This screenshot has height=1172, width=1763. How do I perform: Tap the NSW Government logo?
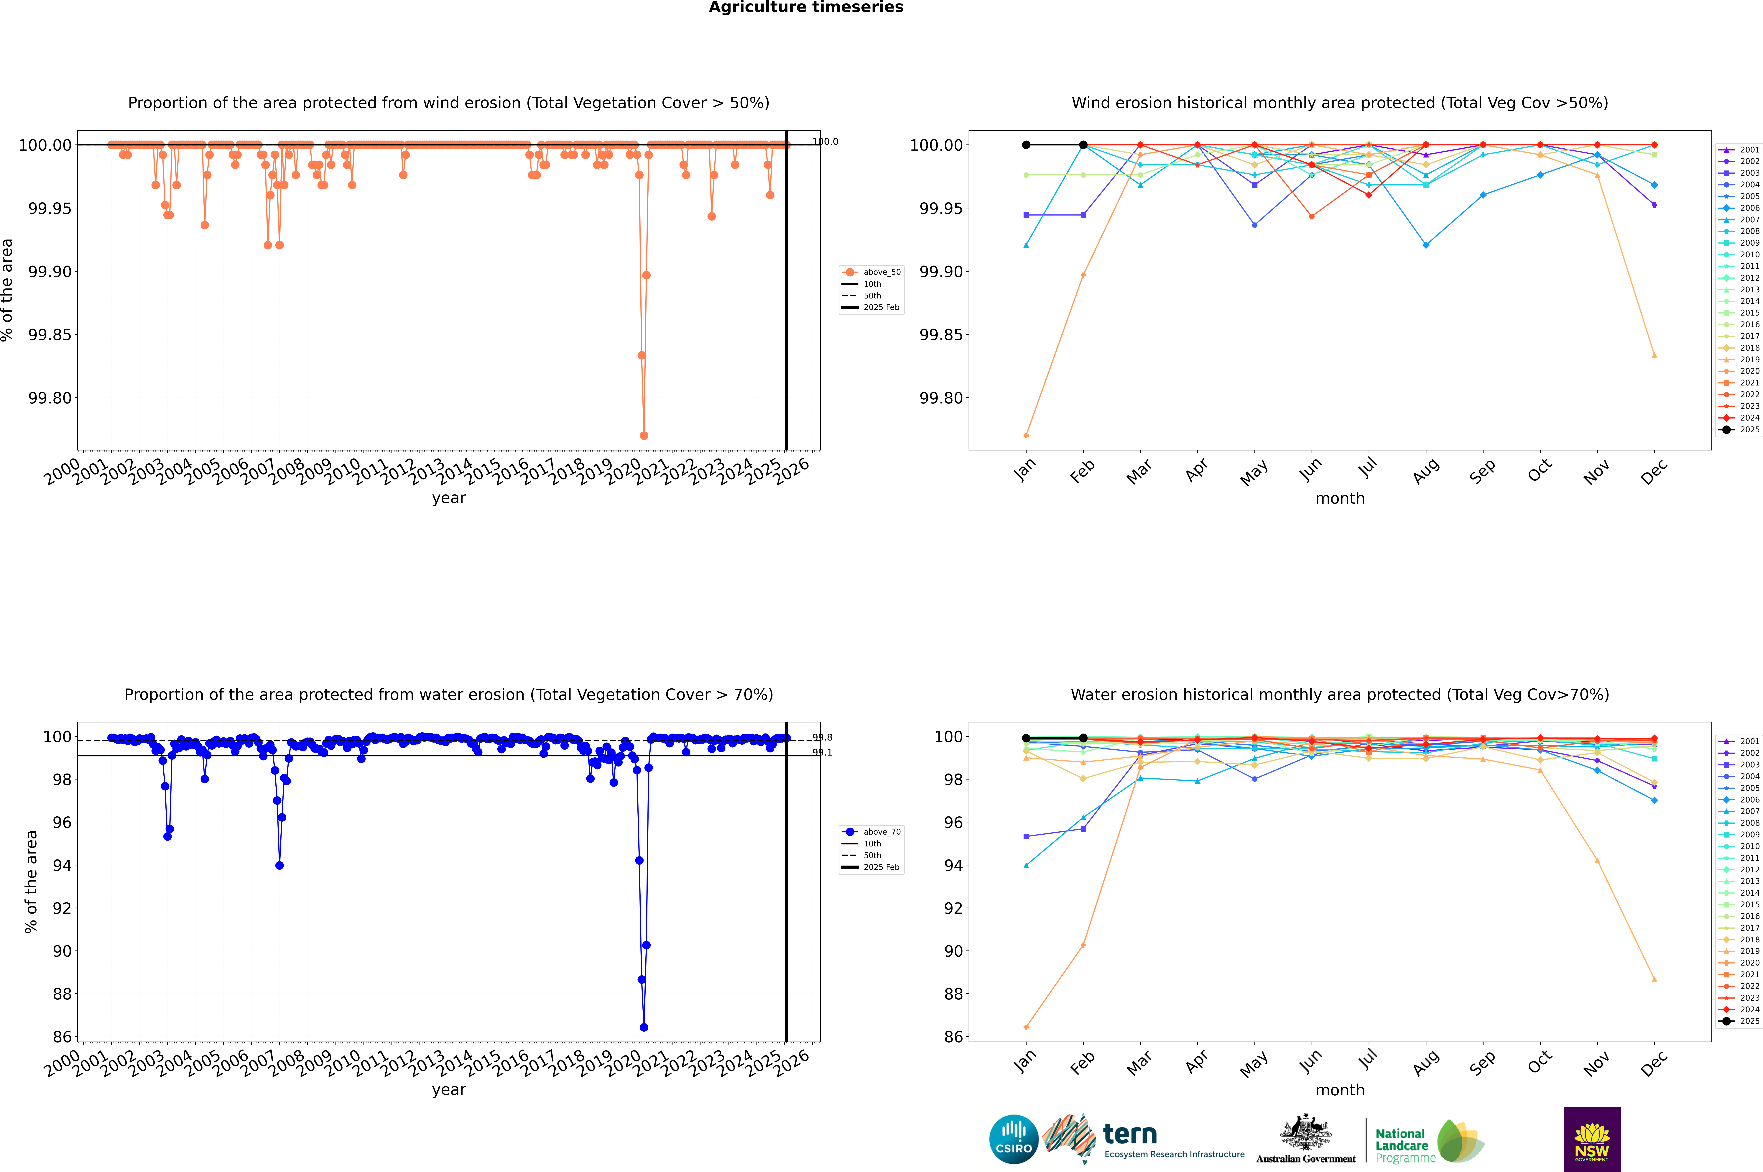coord(1592,1139)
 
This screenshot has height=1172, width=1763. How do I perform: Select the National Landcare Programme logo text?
coord(1401,1145)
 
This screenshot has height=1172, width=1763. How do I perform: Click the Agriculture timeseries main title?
coord(806,7)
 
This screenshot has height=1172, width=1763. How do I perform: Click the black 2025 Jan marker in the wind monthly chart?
coord(1026,145)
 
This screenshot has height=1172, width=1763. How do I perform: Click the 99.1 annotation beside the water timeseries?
coord(822,753)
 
